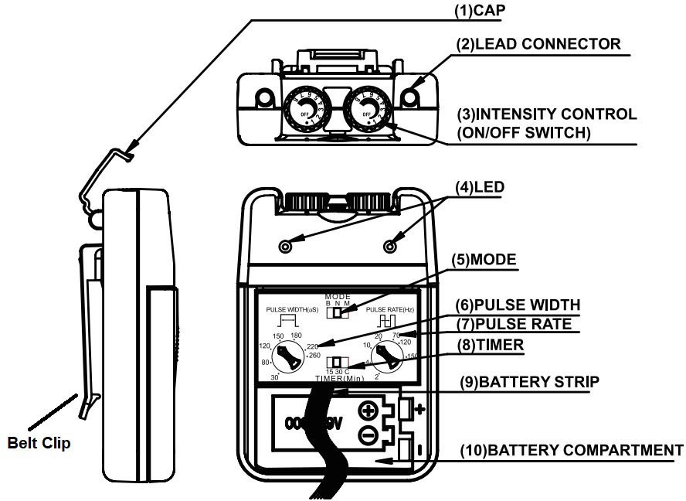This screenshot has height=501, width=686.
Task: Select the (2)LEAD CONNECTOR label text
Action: (548, 44)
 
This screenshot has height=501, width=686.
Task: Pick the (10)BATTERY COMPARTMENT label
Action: (572, 450)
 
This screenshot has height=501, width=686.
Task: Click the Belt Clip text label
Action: (39, 444)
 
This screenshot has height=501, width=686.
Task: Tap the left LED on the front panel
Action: (285, 246)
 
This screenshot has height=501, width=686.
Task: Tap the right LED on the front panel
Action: (390, 246)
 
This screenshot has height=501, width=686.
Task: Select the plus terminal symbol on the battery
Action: (368, 411)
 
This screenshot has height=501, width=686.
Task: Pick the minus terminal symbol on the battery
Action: (368, 435)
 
